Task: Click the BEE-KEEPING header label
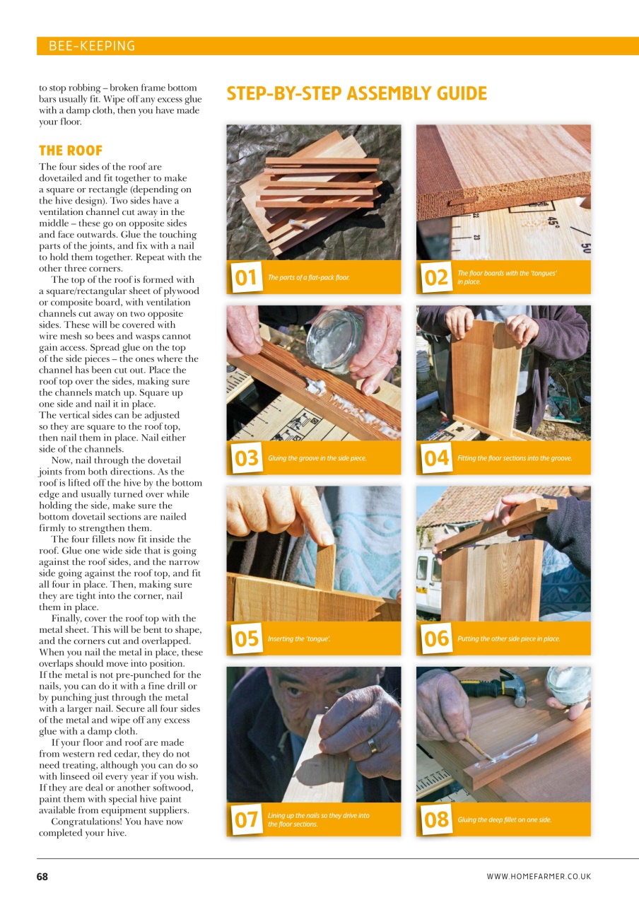click(x=92, y=46)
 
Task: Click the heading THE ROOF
click(x=71, y=151)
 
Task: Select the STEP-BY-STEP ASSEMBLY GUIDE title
click(x=356, y=94)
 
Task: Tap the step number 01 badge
click(x=245, y=277)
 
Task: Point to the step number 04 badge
click(x=435, y=458)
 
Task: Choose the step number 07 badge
click(x=245, y=819)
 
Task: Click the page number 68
click(x=42, y=877)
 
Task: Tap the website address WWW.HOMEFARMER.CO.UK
click(x=539, y=877)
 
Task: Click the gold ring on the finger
click(x=373, y=745)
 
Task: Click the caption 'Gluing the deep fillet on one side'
click(x=504, y=820)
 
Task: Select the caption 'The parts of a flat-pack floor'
click(x=309, y=277)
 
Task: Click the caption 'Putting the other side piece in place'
click(x=508, y=639)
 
